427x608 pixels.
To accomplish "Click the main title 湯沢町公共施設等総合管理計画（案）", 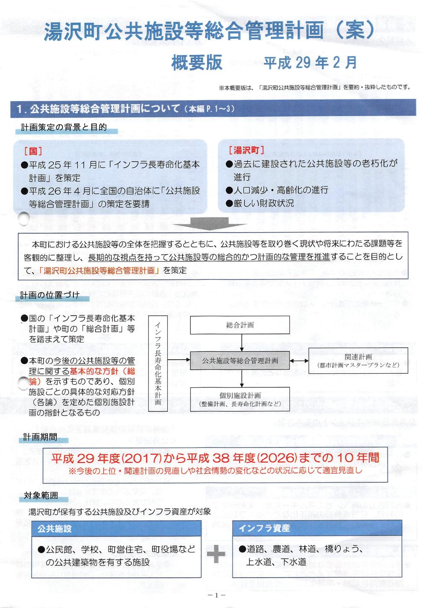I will point(209,32).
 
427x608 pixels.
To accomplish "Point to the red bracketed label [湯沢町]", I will point(246,150).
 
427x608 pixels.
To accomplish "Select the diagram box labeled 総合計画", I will point(240,325).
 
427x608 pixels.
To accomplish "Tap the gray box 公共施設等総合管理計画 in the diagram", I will point(240,361).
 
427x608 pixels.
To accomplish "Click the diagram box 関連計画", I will point(358,361).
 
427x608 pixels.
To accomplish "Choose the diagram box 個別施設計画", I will point(240,399).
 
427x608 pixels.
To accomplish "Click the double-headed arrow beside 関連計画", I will point(299,361).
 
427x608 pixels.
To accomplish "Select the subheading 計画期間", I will point(41,437).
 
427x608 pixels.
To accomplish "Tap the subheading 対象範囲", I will point(41,496).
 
